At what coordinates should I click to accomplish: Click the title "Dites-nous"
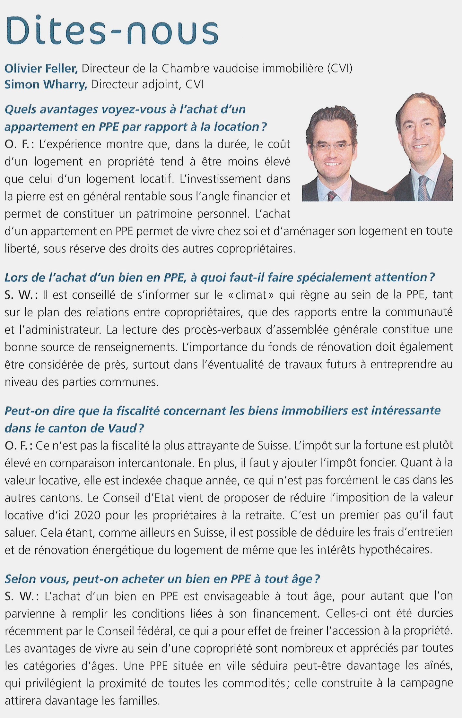point(112,30)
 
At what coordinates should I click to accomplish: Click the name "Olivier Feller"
point(41,68)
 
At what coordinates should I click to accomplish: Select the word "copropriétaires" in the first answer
point(256,249)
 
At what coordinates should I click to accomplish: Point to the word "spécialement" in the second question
point(332,278)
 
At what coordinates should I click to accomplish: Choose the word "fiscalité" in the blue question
point(138,411)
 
